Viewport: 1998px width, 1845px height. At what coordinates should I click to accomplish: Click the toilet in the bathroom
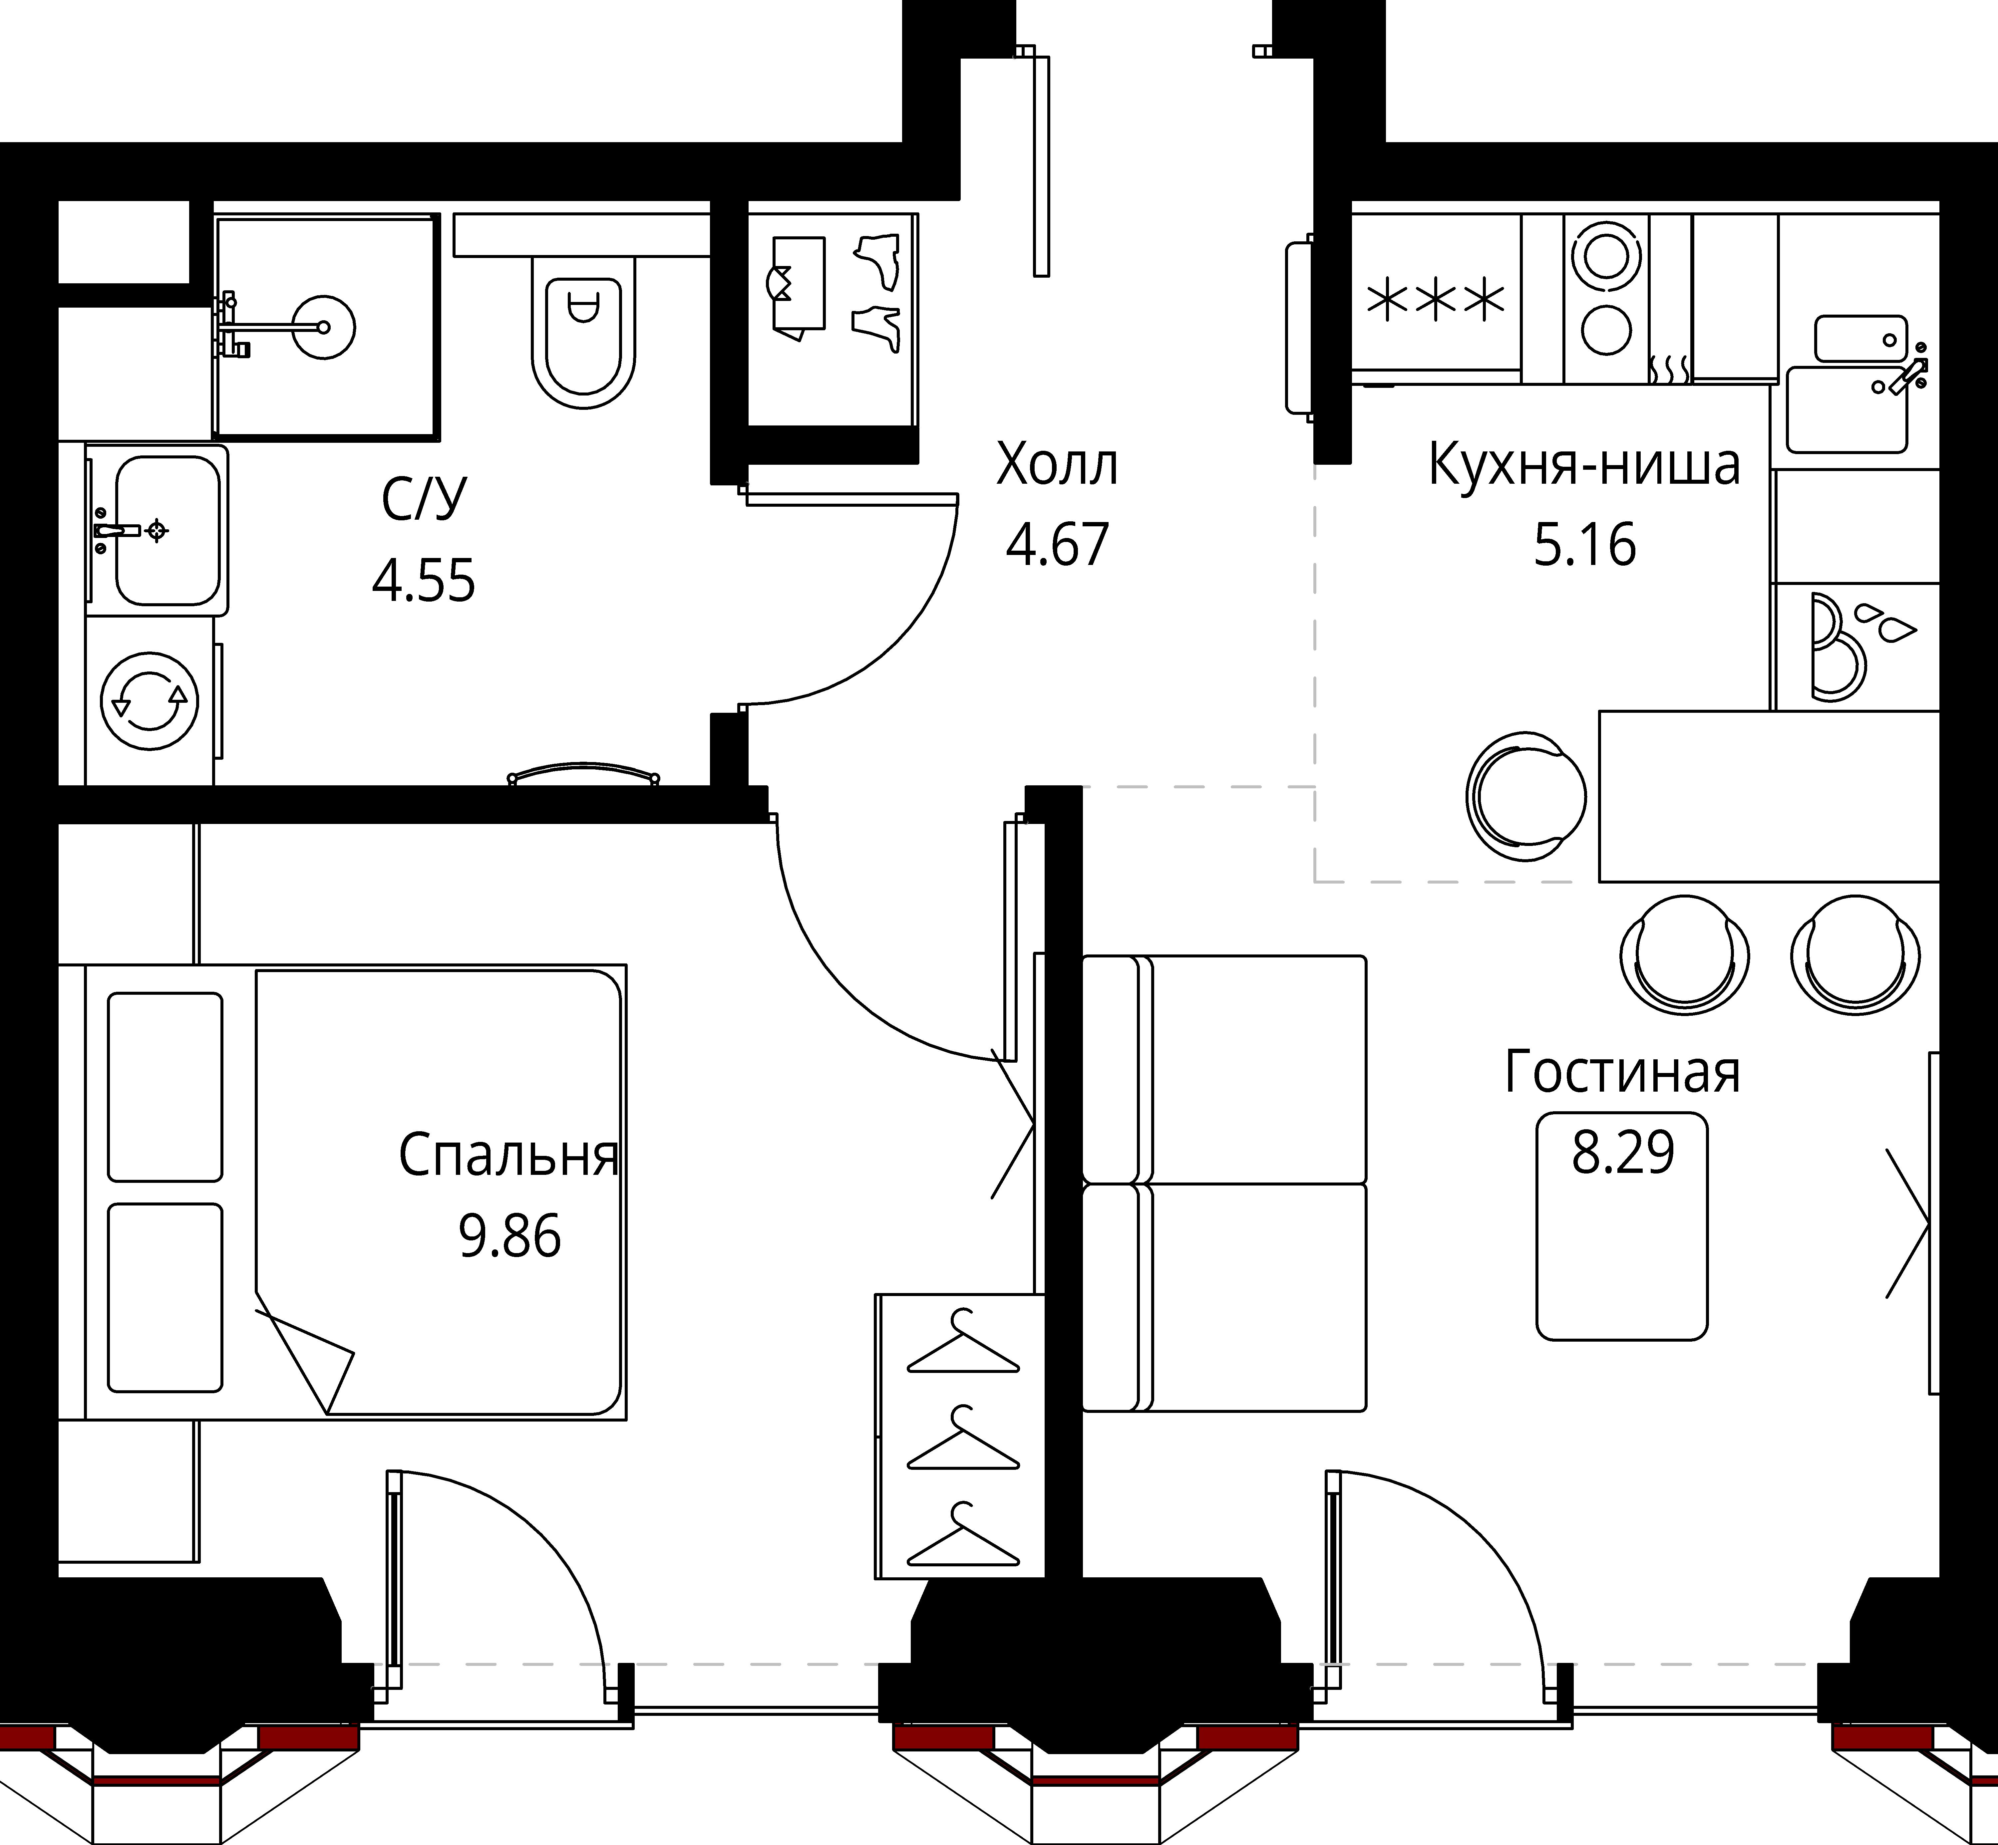[x=583, y=330]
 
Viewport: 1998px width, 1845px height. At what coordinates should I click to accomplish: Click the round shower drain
[x=325, y=327]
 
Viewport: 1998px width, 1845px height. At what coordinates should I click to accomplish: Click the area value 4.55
[x=423, y=580]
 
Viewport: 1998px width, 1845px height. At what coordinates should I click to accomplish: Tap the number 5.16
[x=1585, y=545]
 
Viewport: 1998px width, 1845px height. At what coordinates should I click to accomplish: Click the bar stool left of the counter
[x=1525, y=796]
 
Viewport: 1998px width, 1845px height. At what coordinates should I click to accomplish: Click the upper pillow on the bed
[x=165, y=1087]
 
